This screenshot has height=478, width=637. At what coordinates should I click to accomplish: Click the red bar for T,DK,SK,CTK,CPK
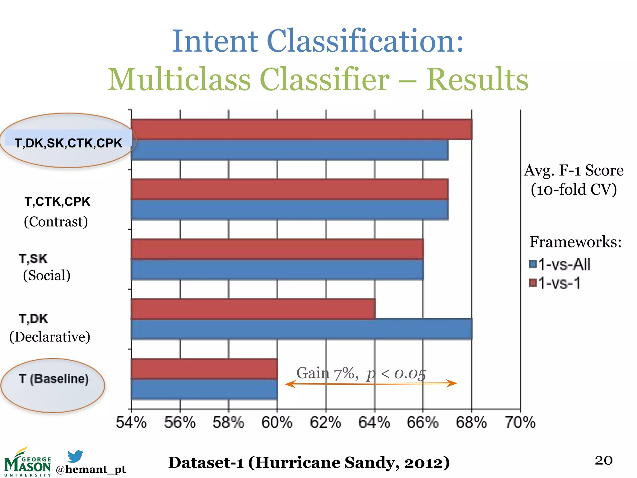(302, 129)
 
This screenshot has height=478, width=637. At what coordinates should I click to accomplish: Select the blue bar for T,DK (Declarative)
(302, 329)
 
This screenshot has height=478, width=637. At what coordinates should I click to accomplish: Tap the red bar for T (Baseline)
(204, 369)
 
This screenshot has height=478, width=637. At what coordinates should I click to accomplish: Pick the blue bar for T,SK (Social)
(277, 269)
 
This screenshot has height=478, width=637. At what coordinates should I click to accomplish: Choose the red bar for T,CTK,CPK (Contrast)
(289, 189)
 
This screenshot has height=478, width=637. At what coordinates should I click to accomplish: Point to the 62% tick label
(325, 423)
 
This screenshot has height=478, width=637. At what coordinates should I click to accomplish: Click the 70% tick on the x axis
(520, 423)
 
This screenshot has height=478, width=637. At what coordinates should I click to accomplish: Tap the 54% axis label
(131, 423)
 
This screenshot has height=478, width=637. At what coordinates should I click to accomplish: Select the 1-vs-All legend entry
(560, 265)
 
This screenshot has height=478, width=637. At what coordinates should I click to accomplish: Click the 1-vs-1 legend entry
(555, 283)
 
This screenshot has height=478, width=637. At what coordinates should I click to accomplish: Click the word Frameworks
(575, 242)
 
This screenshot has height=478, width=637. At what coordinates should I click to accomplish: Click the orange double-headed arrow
(371, 384)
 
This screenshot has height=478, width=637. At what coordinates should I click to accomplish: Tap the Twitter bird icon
(75, 456)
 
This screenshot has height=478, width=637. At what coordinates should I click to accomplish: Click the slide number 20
(603, 460)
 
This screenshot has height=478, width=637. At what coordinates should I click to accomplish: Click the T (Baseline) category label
(54, 379)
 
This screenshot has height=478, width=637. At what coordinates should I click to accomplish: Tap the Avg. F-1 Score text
(574, 171)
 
